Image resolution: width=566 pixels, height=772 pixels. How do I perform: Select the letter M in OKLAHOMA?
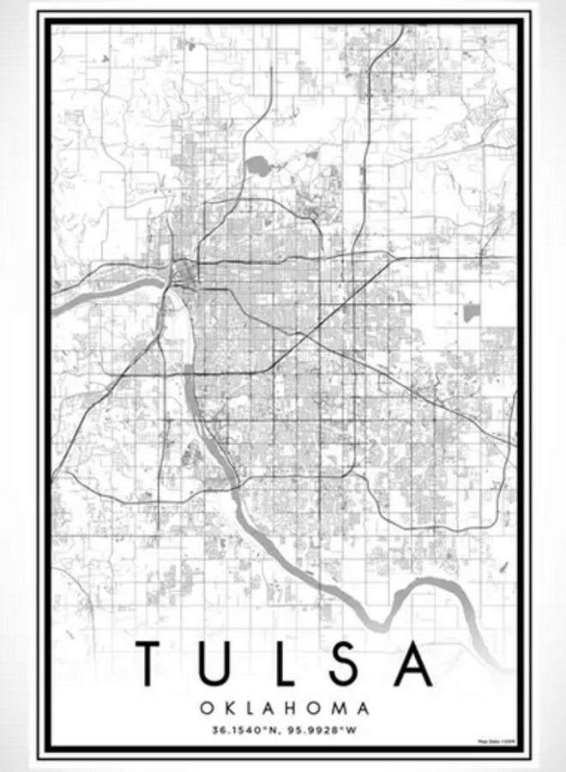tap(336, 709)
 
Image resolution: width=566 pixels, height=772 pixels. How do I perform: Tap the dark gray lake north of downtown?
tap(256, 166)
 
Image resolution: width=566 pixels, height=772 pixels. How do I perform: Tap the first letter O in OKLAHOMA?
tap(207, 709)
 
